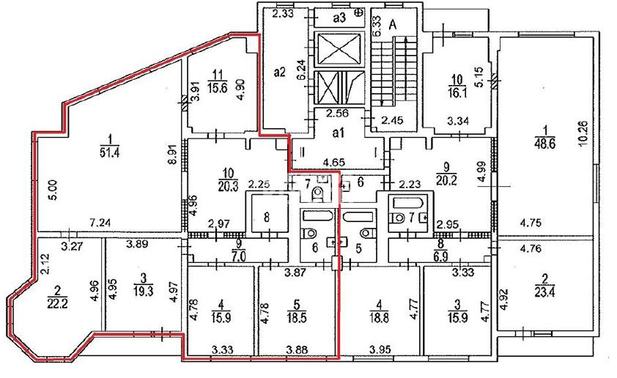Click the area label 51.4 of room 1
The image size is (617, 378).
[110, 152]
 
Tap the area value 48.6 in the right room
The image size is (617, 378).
[545, 143]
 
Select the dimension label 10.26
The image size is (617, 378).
[583, 133]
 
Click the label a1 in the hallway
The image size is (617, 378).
[339, 133]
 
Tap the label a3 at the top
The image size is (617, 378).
[339, 18]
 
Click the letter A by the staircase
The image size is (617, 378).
[393, 25]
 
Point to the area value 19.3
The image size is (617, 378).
[143, 291]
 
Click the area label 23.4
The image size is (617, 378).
[545, 292]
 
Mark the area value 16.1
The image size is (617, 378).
[457, 92]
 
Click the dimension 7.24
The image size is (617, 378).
[100, 223]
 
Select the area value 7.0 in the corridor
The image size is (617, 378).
[239, 257]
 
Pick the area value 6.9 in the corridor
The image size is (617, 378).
[440, 257]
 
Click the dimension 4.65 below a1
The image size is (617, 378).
[334, 162]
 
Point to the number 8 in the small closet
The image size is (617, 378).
[267, 217]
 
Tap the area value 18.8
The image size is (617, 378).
[379, 317]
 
